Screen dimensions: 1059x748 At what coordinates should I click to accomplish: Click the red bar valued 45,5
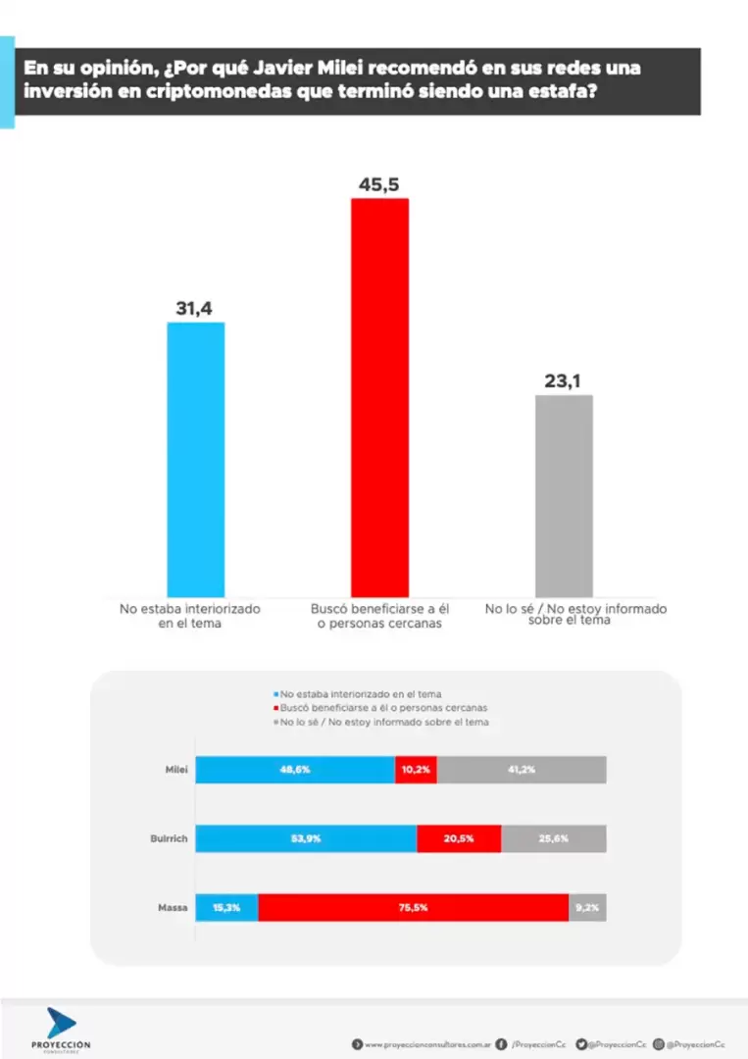(379, 397)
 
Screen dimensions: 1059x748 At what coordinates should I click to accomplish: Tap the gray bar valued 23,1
(564, 495)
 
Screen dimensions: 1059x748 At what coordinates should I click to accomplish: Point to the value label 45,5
(379, 184)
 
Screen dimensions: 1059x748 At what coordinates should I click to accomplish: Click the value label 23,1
(564, 380)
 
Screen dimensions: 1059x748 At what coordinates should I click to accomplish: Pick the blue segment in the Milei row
(295, 770)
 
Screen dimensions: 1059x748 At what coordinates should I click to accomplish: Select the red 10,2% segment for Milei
(416, 770)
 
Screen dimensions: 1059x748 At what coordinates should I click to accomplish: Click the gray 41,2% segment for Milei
(522, 770)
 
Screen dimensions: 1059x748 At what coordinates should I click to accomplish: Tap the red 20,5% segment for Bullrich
(459, 838)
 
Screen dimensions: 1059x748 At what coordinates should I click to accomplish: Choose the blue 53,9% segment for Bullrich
(306, 838)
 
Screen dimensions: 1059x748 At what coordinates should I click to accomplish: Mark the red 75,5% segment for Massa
(413, 907)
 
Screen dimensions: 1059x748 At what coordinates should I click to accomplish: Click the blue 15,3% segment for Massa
(226, 907)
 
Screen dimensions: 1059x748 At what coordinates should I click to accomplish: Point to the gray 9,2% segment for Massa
(587, 907)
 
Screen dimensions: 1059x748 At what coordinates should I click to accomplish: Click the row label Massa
(173, 907)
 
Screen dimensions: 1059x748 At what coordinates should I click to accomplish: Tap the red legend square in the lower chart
(275, 708)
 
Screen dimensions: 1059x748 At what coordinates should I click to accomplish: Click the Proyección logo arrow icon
(61, 1023)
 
